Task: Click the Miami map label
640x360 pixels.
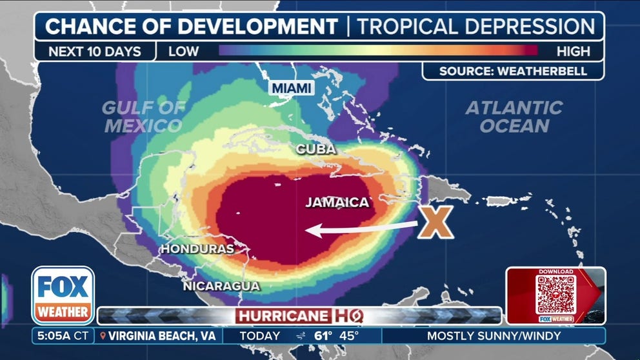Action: pyautogui.click(x=292, y=88)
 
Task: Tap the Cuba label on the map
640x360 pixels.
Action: pyautogui.click(x=315, y=149)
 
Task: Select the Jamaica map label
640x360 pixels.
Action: pyautogui.click(x=337, y=203)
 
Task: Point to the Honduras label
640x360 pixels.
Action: pyautogui.click(x=197, y=248)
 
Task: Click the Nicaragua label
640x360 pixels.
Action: pyautogui.click(x=221, y=286)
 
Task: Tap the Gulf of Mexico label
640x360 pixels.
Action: pyautogui.click(x=143, y=117)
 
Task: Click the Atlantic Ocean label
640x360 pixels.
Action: pyautogui.click(x=514, y=117)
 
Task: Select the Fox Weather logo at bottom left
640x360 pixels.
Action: pyautogui.click(x=63, y=295)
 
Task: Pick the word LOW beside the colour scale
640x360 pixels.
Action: pyautogui.click(x=184, y=51)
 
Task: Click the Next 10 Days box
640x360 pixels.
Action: pyautogui.click(x=95, y=51)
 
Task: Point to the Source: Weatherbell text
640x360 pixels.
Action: pyautogui.click(x=513, y=71)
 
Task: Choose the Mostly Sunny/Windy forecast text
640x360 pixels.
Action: pyautogui.click(x=494, y=335)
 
